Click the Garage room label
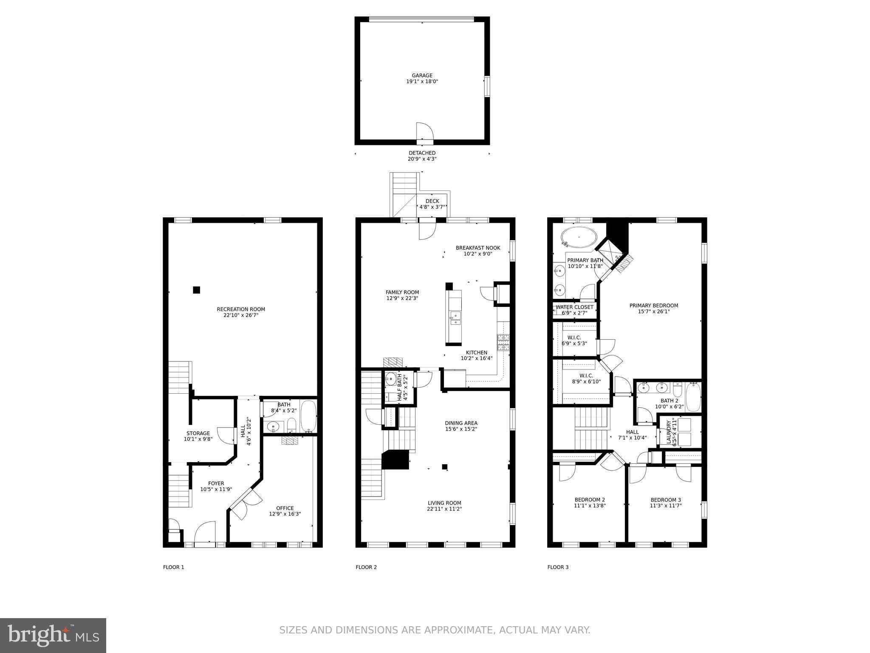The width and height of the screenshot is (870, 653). [x=422, y=76]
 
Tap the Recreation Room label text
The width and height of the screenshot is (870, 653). [x=241, y=309]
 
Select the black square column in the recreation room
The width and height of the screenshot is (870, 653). [x=196, y=290]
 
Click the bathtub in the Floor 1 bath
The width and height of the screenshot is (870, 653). [x=308, y=416]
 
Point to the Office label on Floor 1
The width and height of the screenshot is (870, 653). [x=285, y=508]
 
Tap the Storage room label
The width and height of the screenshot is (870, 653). [x=198, y=433]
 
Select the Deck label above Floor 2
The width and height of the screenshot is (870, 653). [x=432, y=201]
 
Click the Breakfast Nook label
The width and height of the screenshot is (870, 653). [x=478, y=248]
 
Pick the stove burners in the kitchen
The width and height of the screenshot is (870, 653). [x=503, y=343]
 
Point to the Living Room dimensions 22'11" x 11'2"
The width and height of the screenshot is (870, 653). [x=444, y=509]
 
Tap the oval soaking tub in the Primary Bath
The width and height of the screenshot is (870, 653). [x=578, y=236]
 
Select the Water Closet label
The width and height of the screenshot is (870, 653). [x=574, y=307]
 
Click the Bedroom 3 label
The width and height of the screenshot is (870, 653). [x=666, y=500]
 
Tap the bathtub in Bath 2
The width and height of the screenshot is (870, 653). [x=693, y=397]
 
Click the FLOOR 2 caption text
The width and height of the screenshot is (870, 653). [x=366, y=567]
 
